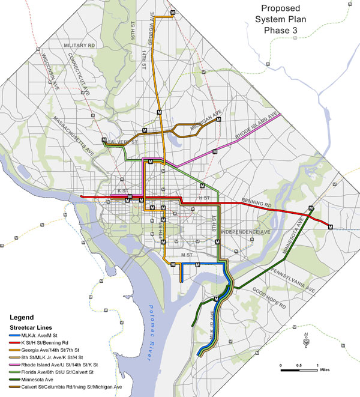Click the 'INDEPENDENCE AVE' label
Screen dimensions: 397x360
(x=246, y=231)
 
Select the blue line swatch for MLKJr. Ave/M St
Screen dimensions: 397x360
(x=13, y=334)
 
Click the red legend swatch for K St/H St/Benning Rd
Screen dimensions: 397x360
(x=13, y=342)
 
